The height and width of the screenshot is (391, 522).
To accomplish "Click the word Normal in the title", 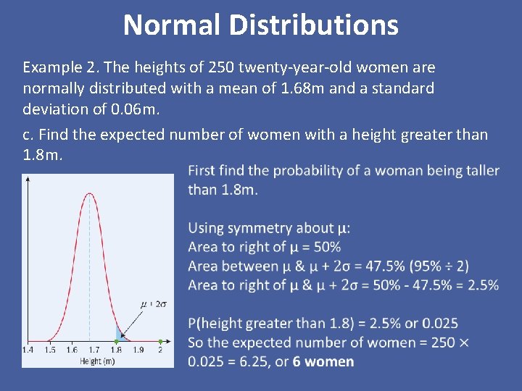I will pos(172,25).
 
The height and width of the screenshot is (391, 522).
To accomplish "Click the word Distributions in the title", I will pos(314,25).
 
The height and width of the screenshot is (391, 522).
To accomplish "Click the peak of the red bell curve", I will pos(89,193).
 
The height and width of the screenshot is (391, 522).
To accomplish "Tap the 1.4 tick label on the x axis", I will pos(28,350).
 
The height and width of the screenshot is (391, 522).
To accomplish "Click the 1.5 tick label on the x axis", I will pos(49,350).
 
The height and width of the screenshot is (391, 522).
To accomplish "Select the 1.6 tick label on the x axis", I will pos(71,350).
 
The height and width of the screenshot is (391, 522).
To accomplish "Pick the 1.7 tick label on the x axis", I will pos(94,350).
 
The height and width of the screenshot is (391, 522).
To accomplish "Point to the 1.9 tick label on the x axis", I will pos(138,350).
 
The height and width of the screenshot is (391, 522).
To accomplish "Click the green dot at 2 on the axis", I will pos(160,340).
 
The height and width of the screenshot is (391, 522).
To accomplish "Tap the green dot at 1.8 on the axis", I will pos(116,340).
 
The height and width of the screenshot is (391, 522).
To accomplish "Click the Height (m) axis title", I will pos(97,361).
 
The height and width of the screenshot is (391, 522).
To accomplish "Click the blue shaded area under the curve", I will pos(119,334).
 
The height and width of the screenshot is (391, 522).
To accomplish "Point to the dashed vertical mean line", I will pos(89,275).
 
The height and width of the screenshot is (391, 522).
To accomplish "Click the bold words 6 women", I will pos(323,361).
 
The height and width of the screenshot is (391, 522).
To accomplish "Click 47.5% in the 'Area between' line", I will pos(368,266).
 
